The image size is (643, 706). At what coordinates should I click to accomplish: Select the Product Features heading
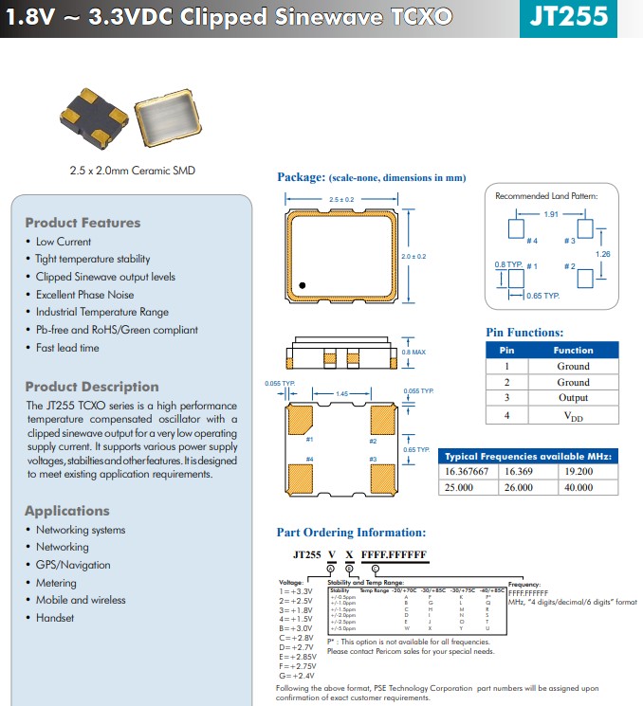[83, 223]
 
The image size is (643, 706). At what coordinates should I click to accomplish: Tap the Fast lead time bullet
[67, 348]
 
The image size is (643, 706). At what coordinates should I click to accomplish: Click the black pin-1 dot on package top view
[303, 284]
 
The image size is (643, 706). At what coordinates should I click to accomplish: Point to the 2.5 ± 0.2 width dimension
[340, 200]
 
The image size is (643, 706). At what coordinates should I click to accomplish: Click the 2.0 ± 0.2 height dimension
[413, 257]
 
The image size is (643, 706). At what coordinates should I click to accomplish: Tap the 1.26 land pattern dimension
[602, 254]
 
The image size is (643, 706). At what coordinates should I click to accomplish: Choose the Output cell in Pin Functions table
[573, 398]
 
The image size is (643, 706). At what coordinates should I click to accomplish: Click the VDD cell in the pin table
[573, 415]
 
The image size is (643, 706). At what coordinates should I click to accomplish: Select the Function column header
[573, 349]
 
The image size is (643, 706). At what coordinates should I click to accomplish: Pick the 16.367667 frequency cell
[467, 470]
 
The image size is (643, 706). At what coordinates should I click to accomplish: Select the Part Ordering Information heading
[351, 533]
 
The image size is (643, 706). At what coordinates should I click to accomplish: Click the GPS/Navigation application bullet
[73, 565]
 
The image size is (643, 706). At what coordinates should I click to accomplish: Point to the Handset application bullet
[55, 618]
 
